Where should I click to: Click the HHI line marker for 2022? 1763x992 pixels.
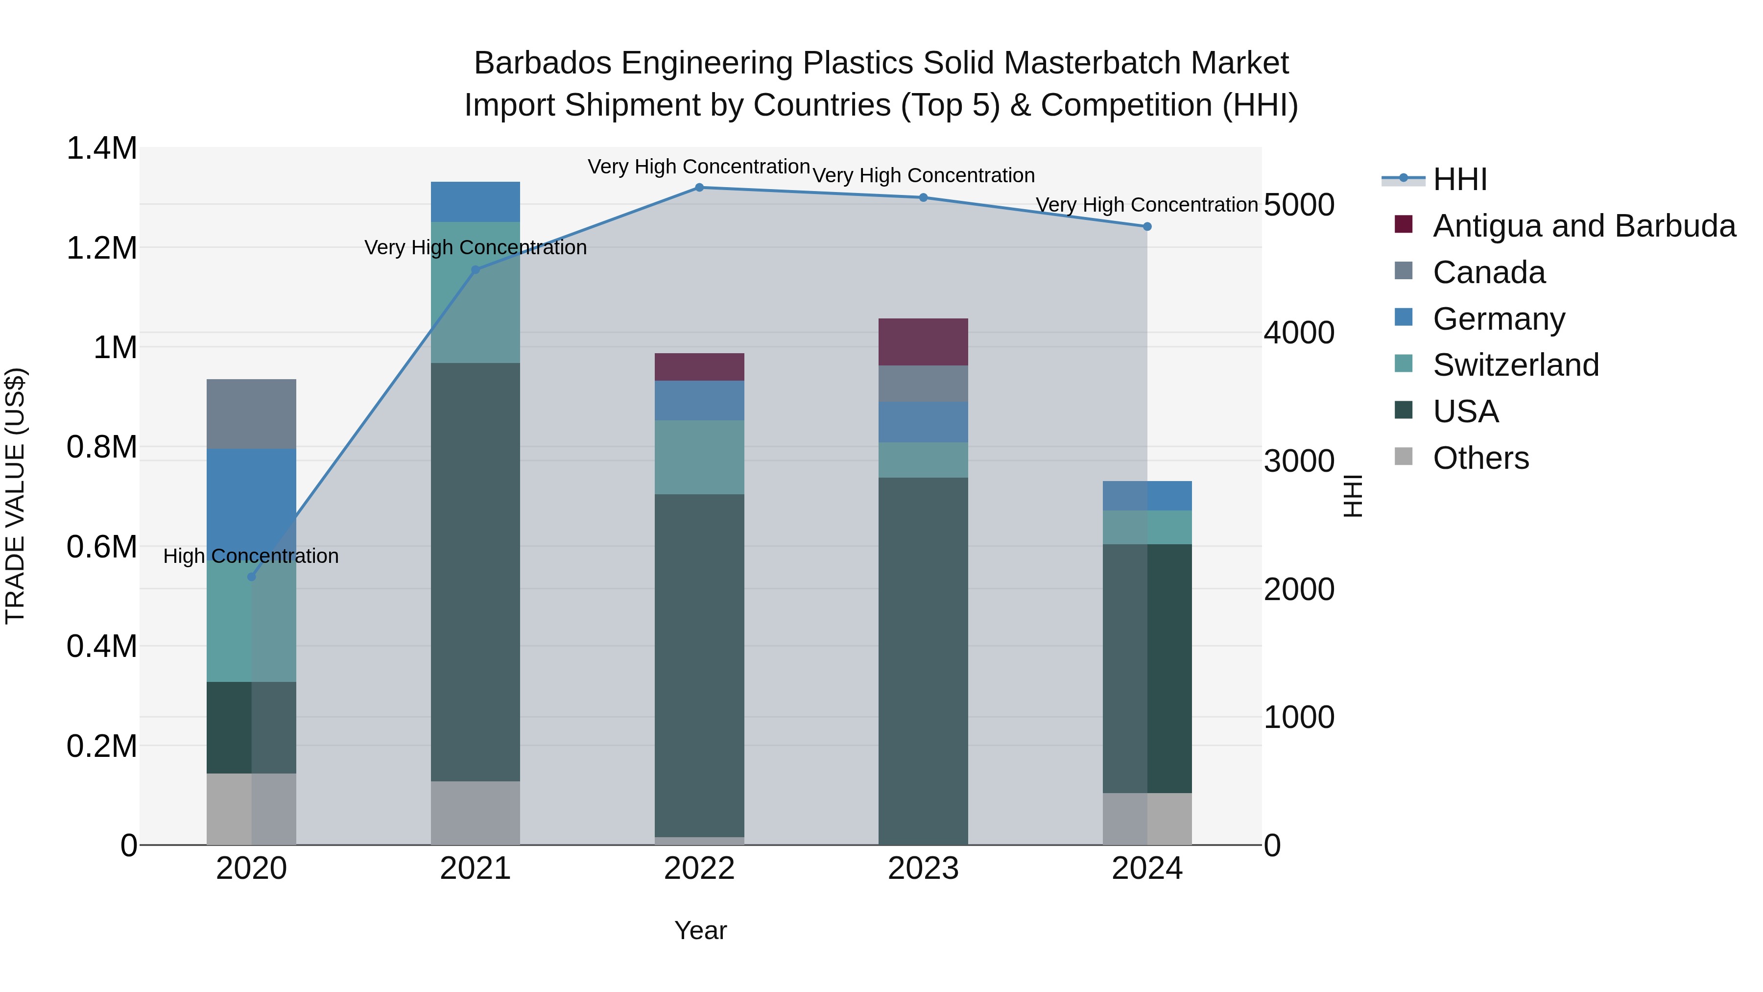(x=699, y=187)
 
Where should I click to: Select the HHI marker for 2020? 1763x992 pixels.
(x=251, y=577)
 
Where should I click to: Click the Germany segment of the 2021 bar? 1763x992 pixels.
(x=475, y=201)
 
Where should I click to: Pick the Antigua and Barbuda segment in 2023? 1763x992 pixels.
(x=923, y=341)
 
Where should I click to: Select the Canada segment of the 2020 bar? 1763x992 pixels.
(x=251, y=413)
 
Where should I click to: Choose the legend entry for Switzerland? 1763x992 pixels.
(x=1515, y=365)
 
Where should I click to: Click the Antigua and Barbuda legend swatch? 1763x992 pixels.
(x=1403, y=224)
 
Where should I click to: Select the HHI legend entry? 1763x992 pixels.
(x=1459, y=179)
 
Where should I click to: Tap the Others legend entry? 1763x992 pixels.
(x=1480, y=458)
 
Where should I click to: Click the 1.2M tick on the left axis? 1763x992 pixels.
(x=102, y=248)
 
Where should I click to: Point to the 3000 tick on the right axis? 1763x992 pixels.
(x=1298, y=461)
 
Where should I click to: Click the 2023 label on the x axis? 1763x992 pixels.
(x=923, y=869)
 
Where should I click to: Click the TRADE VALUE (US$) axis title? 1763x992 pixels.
(x=15, y=496)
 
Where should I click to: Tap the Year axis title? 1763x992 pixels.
(x=700, y=930)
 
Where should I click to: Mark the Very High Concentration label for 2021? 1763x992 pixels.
(x=475, y=247)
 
